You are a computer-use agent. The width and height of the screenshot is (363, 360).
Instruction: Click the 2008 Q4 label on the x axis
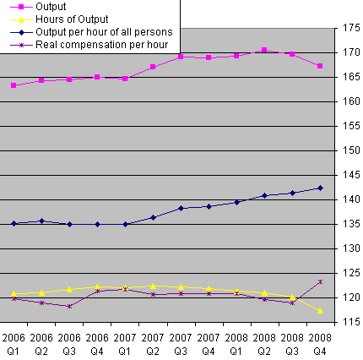pyautogui.click(x=320, y=344)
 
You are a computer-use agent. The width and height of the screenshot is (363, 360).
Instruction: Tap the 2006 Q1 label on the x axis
pyautogui.click(x=14, y=344)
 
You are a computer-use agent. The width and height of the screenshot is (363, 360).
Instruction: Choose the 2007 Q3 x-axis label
pyautogui.click(x=181, y=344)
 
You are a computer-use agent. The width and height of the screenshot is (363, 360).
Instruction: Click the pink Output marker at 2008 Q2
pyautogui.click(x=264, y=50)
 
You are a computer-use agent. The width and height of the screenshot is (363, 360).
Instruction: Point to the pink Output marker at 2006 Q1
pyautogui.click(x=14, y=85)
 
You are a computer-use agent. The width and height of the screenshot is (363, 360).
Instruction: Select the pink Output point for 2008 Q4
pyautogui.click(x=320, y=66)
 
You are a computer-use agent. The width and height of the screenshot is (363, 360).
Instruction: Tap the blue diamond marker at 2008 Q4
pyautogui.click(x=320, y=188)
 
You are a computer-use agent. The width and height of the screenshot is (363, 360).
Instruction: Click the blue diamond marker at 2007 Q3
pyautogui.click(x=181, y=208)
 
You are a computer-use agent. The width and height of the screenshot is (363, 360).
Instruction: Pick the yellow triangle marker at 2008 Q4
pyautogui.click(x=320, y=310)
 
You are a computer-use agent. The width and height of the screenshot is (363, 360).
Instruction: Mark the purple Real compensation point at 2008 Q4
pyautogui.click(x=320, y=281)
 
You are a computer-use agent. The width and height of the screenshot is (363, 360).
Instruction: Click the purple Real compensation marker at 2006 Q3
pyautogui.click(x=69, y=306)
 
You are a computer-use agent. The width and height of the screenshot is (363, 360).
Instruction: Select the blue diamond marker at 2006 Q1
pyautogui.click(x=14, y=223)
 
